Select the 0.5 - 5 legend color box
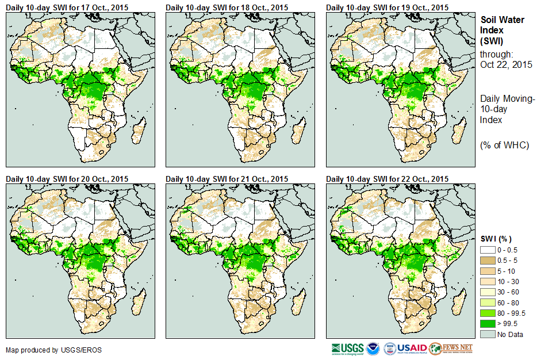click(x=488, y=261)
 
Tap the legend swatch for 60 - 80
click(x=488, y=302)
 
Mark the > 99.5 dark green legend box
click(x=488, y=323)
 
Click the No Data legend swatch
click(x=488, y=334)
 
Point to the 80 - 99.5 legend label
click(x=511, y=313)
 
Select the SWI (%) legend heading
click(x=496, y=239)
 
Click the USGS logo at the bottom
click(x=347, y=348)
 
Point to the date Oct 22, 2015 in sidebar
click(x=506, y=64)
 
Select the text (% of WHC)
click(x=504, y=145)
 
